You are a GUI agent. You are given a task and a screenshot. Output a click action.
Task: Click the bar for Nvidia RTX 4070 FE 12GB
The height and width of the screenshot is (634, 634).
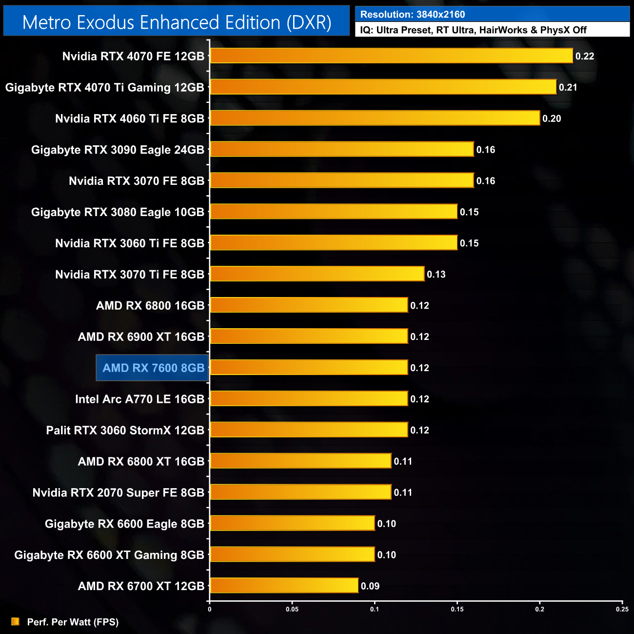[391, 56]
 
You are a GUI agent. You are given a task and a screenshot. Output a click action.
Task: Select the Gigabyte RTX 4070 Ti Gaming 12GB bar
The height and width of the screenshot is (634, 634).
[383, 87]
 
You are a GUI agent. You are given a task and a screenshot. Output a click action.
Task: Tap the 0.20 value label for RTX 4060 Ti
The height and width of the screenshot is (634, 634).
[552, 119]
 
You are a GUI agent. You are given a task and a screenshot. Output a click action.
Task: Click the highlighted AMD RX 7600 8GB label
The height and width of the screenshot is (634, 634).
[153, 368]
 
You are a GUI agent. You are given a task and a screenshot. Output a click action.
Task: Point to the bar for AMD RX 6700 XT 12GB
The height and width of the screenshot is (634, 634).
[284, 585]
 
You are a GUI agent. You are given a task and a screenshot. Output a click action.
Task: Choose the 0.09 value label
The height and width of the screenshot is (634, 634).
[370, 586]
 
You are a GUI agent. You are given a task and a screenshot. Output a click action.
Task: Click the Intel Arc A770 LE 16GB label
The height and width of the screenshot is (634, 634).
[139, 399]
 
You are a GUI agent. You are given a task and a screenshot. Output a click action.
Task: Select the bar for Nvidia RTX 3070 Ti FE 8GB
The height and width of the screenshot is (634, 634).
[317, 274]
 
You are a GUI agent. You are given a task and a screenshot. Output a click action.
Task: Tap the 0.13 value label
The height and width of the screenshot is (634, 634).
[436, 275]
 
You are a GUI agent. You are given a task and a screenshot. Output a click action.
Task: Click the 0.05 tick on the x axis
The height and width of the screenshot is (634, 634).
[292, 609]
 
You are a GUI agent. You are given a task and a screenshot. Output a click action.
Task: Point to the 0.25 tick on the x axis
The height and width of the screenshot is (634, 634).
[622, 609]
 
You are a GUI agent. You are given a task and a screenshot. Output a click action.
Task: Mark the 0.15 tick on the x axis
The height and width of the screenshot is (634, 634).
[457, 609]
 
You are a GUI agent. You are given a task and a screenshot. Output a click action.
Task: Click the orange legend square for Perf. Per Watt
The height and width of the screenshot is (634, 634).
[15, 621]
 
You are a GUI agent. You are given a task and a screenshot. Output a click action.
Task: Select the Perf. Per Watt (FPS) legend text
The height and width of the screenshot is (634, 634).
[73, 622]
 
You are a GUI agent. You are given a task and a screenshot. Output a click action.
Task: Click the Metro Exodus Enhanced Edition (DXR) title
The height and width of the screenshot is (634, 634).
[177, 22]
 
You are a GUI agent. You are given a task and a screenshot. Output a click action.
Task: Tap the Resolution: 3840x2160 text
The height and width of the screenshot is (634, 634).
[413, 14]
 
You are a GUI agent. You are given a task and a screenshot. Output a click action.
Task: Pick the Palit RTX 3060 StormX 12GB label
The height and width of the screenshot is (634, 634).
[125, 430]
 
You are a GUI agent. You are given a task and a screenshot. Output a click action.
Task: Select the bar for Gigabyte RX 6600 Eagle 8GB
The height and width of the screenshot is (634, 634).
[292, 523]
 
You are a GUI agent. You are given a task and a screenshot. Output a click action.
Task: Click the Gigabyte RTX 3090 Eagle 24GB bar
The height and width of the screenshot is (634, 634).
[341, 149]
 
